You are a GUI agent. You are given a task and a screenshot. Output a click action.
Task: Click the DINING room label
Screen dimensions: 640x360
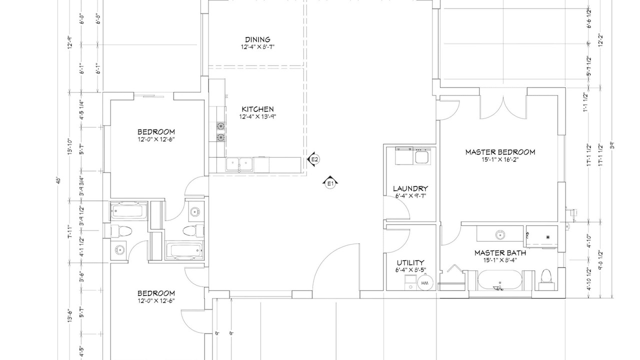click(x=257, y=39)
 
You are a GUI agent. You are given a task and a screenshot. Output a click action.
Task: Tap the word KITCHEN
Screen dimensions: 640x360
click(x=257, y=109)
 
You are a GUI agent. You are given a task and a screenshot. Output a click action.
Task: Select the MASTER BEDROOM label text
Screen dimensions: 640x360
click(x=500, y=152)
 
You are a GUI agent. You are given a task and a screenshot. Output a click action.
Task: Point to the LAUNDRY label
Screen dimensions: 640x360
click(x=410, y=188)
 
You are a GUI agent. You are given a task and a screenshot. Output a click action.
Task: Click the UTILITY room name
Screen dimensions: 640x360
click(x=410, y=262)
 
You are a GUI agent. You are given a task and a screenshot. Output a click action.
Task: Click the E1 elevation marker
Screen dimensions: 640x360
click(x=330, y=182)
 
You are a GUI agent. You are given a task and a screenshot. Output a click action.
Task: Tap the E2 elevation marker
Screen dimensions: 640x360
click(x=313, y=159)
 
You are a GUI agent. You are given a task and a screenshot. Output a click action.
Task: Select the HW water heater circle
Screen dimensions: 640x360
click(x=425, y=283)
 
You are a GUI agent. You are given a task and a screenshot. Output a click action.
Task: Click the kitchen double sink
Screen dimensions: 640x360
click(x=239, y=164)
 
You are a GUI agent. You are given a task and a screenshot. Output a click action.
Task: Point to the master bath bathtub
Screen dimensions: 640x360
click(x=500, y=280)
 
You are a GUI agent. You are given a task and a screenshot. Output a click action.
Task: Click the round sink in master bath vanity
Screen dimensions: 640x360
click(x=500, y=235)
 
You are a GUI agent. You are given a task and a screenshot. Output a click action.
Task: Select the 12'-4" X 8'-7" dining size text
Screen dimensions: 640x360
click(x=257, y=47)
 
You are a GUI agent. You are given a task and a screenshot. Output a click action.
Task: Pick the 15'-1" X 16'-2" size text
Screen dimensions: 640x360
click(x=500, y=159)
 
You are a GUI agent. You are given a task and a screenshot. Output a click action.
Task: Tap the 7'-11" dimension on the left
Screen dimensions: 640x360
click(x=69, y=231)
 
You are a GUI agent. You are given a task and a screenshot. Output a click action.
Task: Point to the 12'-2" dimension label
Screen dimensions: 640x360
click(x=600, y=40)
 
